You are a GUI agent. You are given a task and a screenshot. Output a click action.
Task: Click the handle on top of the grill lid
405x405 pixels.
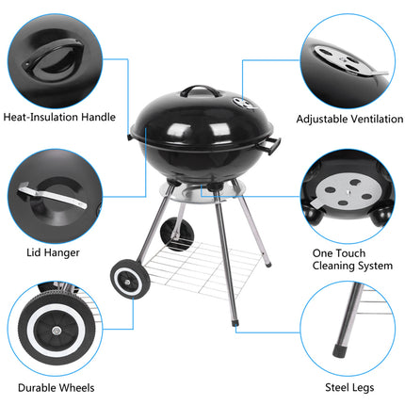point(199,91)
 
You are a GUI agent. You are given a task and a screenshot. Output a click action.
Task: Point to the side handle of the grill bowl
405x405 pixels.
point(272,145)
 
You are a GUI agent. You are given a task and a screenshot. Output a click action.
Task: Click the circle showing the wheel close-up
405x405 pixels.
point(57,329)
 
